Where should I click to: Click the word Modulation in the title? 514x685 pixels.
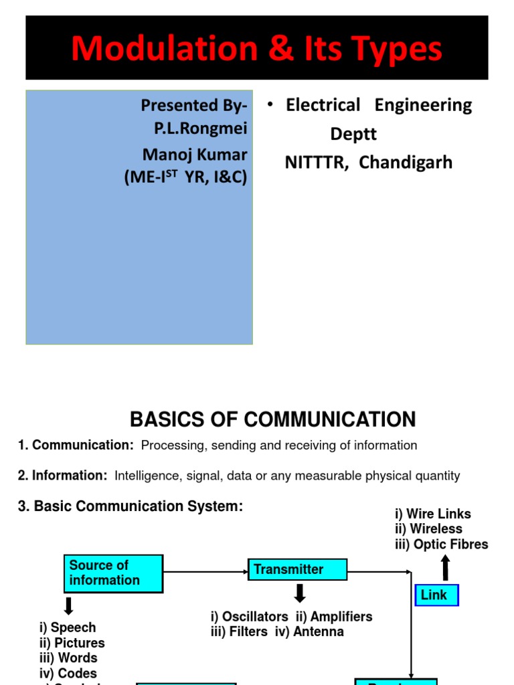click(x=155, y=50)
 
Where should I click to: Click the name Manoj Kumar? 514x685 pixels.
click(x=195, y=155)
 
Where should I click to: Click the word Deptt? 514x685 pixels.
click(x=353, y=134)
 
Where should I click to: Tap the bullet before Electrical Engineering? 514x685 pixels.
click(x=270, y=106)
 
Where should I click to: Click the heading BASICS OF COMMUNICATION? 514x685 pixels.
click(x=272, y=419)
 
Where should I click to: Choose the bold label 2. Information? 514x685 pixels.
click(x=62, y=476)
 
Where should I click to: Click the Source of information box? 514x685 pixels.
click(x=114, y=573)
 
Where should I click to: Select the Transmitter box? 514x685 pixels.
click(x=297, y=570)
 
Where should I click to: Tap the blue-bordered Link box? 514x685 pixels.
click(x=436, y=595)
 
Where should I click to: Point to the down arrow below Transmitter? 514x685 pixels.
click(x=300, y=593)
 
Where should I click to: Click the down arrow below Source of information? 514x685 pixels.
click(x=68, y=606)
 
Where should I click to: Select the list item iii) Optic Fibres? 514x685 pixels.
click(x=442, y=545)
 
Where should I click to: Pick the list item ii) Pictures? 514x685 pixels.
click(x=72, y=643)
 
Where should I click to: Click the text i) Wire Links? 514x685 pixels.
click(x=433, y=514)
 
